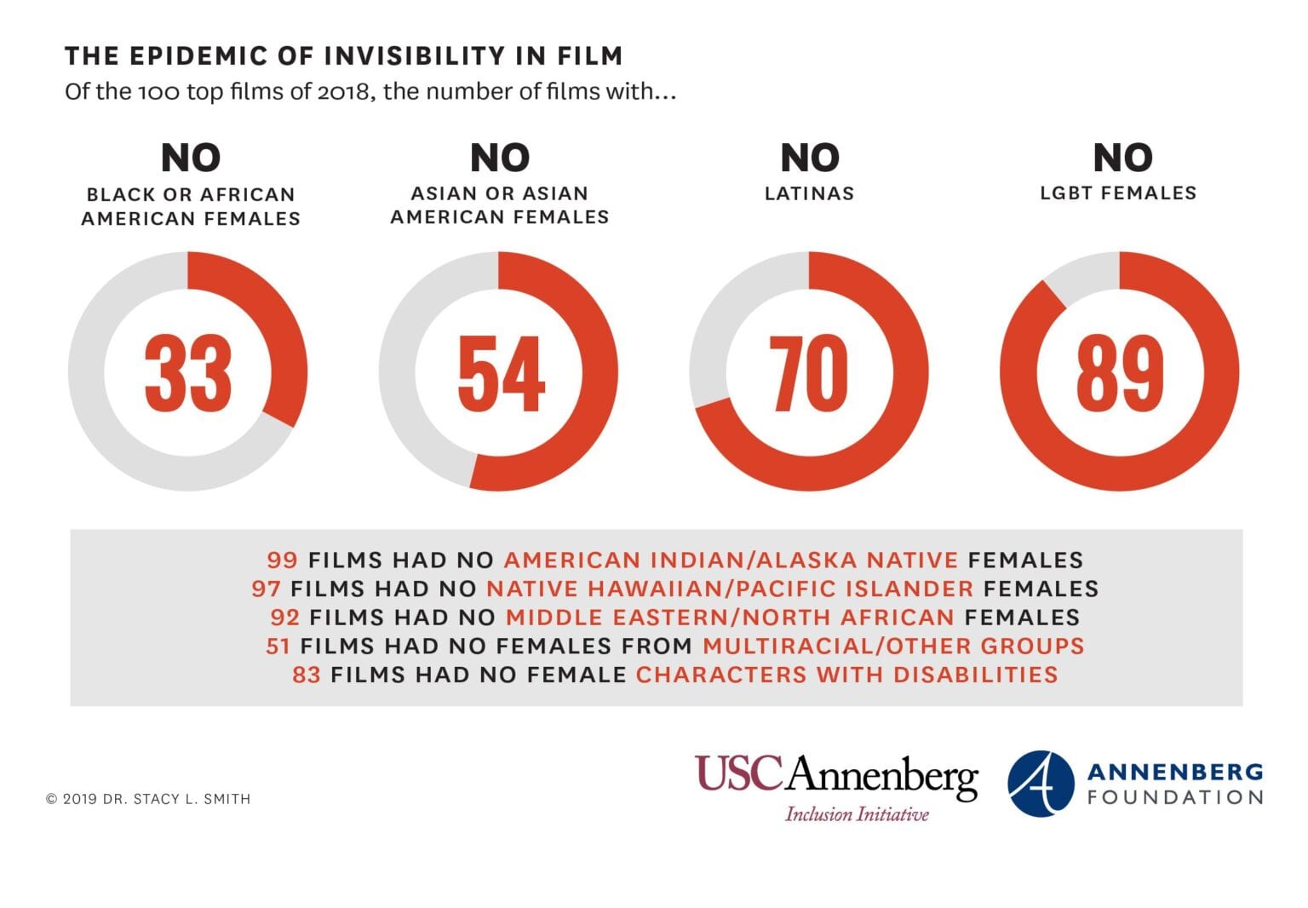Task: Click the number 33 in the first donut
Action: (188, 373)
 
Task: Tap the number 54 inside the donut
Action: (500, 373)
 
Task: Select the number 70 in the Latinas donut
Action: (809, 373)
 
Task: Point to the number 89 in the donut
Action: (1119, 373)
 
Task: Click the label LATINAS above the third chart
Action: (809, 193)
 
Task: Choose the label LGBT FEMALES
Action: (1118, 193)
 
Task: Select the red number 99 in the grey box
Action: (282, 560)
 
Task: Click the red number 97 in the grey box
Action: (266, 589)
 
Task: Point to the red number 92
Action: (285, 617)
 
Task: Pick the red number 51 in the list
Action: (278, 646)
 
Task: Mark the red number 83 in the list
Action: (307, 675)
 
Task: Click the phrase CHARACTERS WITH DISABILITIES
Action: (846, 675)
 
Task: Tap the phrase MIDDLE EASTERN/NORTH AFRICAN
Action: (730, 617)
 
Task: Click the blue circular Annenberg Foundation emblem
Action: (1041, 784)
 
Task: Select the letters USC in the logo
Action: (738, 773)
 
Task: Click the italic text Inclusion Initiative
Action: (857, 814)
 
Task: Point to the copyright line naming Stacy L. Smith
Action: (148, 799)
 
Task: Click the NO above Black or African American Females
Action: (191, 158)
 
